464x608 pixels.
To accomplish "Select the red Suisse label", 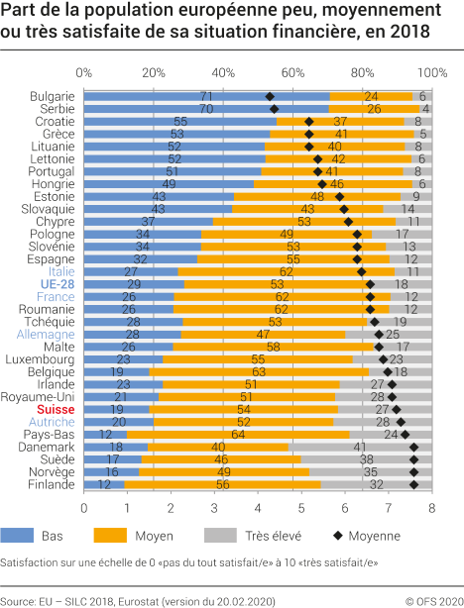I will [x=57, y=409].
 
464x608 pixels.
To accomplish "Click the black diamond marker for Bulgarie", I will [x=270, y=96].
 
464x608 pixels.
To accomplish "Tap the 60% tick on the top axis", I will [x=292, y=73].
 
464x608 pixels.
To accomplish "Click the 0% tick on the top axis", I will [x=84, y=73].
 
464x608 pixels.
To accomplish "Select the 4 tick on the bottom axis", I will [x=258, y=508].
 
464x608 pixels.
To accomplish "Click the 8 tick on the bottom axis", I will [x=431, y=508].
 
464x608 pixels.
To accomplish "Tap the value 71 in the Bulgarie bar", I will [x=206, y=96].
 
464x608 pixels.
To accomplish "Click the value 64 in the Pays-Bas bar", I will [x=238, y=434].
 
